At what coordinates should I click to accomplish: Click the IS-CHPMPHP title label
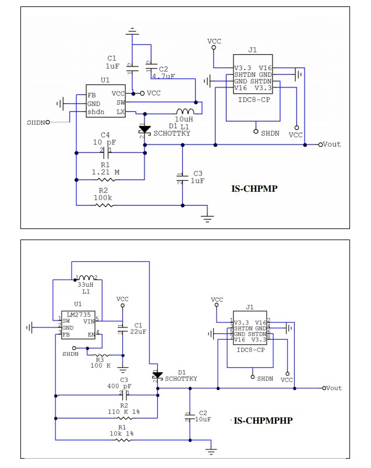(x=263, y=420)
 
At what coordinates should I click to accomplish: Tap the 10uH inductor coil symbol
(x=185, y=111)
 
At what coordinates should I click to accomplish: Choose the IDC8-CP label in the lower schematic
(x=250, y=350)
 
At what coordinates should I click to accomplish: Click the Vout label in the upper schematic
(x=331, y=144)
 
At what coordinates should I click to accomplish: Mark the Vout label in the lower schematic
(x=333, y=388)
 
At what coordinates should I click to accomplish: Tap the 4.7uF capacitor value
(x=163, y=76)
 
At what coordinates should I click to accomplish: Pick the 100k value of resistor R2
(x=103, y=198)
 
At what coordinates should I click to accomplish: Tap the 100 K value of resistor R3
(x=101, y=365)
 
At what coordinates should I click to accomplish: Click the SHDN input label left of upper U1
(x=36, y=122)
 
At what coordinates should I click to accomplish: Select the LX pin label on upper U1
(x=121, y=111)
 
